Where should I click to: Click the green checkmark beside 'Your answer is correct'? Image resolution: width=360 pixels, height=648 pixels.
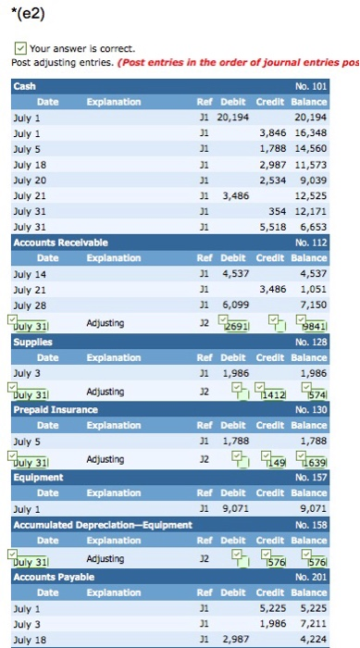(20, 48)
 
